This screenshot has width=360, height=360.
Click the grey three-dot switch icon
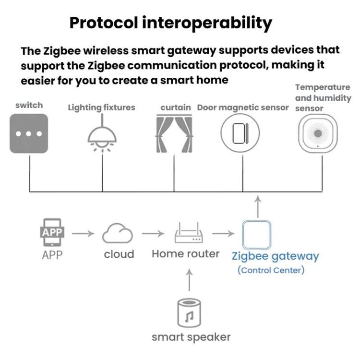click(29, 133)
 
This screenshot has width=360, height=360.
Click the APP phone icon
click(52, 233)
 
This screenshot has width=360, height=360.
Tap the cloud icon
click(118, 234)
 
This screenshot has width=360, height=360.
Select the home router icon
click(188, 234)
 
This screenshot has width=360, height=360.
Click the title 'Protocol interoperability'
click(170, 23)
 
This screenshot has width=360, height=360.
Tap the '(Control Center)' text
click(271, 270)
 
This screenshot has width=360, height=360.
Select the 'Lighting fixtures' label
click(101, 108)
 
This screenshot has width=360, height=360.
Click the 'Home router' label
click(185, 253)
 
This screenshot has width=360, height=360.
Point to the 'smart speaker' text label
click(191, 337)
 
